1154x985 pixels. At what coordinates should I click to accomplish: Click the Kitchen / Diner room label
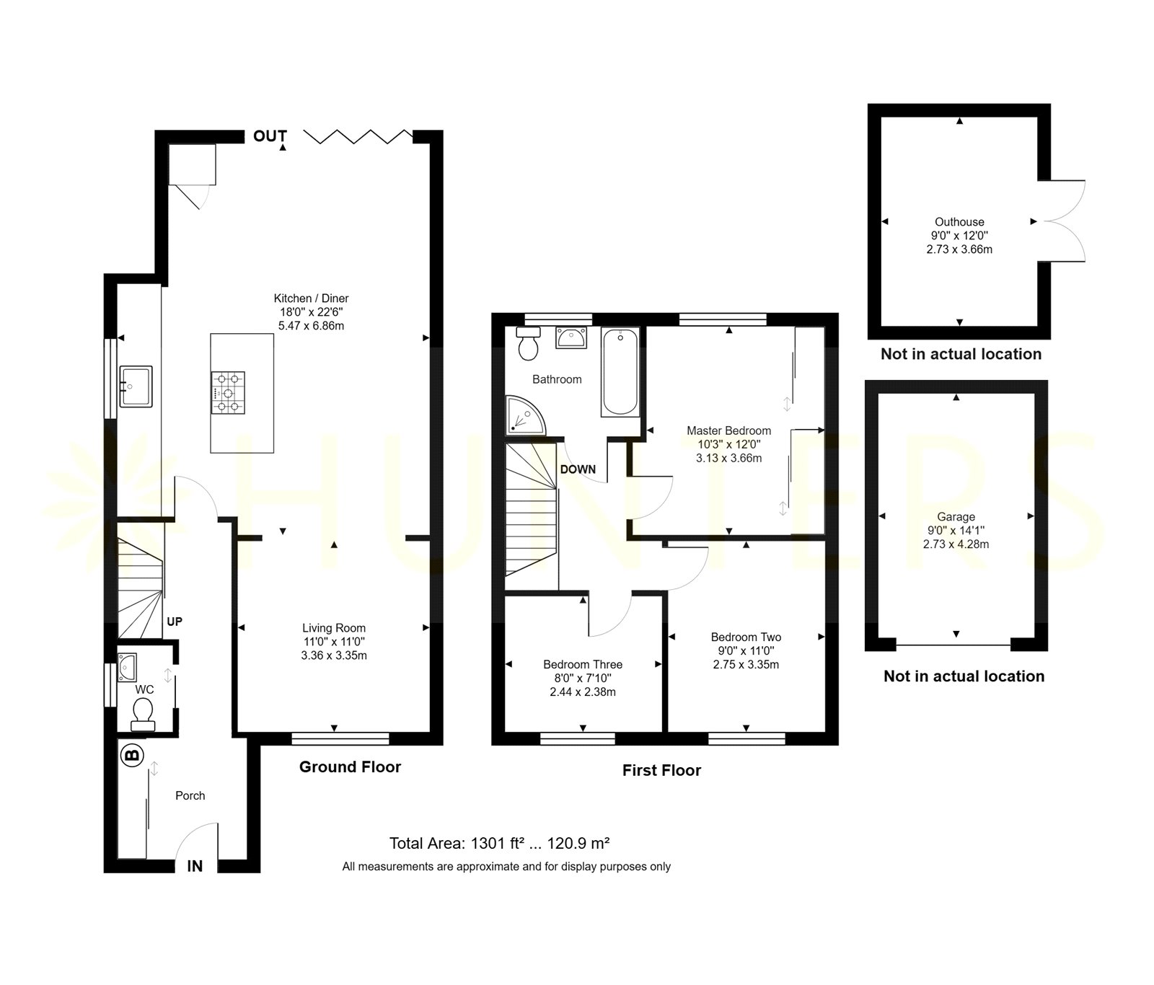tap(311, 298)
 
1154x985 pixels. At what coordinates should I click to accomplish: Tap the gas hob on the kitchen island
tap(228, 393)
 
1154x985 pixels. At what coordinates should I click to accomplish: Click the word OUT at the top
tap(270, 136)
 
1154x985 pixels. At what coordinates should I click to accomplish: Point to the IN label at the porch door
tap(195, 866)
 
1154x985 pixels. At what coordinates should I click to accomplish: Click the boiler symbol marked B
tap(132, 756)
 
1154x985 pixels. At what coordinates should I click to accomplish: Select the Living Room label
tap(334, 628)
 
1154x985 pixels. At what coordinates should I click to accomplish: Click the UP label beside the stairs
tap(175, 622)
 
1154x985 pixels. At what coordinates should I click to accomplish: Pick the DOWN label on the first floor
tap(578, 469)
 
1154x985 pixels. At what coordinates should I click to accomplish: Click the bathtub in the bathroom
tap(620, 372)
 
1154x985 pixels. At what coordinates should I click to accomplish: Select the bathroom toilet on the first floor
tap(529, 343)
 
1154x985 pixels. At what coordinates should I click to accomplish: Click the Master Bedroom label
tap(728, 430)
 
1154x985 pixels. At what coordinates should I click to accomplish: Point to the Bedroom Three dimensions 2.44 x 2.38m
tap(583, 692)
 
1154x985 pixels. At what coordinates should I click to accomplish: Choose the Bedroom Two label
tap(746, 637)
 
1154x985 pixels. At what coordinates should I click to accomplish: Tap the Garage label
tap(956, 516)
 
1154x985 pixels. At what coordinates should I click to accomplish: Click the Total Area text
tap(500, 843)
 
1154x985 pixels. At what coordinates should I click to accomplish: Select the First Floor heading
tap(661, 770)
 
